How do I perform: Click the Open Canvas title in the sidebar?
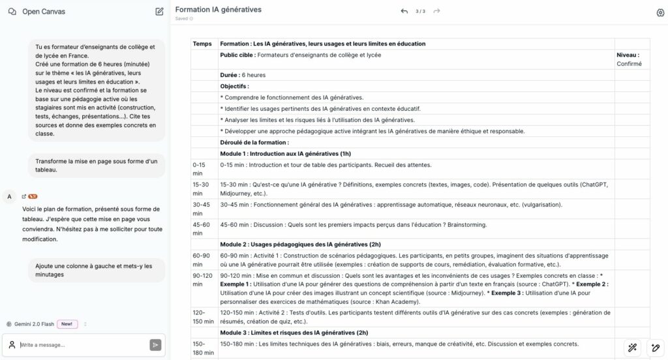[43, 12]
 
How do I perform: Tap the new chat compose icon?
[159, 12]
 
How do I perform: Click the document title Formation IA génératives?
[218, 10]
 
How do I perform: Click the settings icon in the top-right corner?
[660, 12]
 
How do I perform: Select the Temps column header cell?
[202, 44]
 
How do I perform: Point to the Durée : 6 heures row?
[243, 75]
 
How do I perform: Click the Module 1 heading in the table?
[286, 153]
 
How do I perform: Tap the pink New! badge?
[67, 324]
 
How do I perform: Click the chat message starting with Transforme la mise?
[97, 165]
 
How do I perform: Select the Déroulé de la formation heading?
[254, 142]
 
